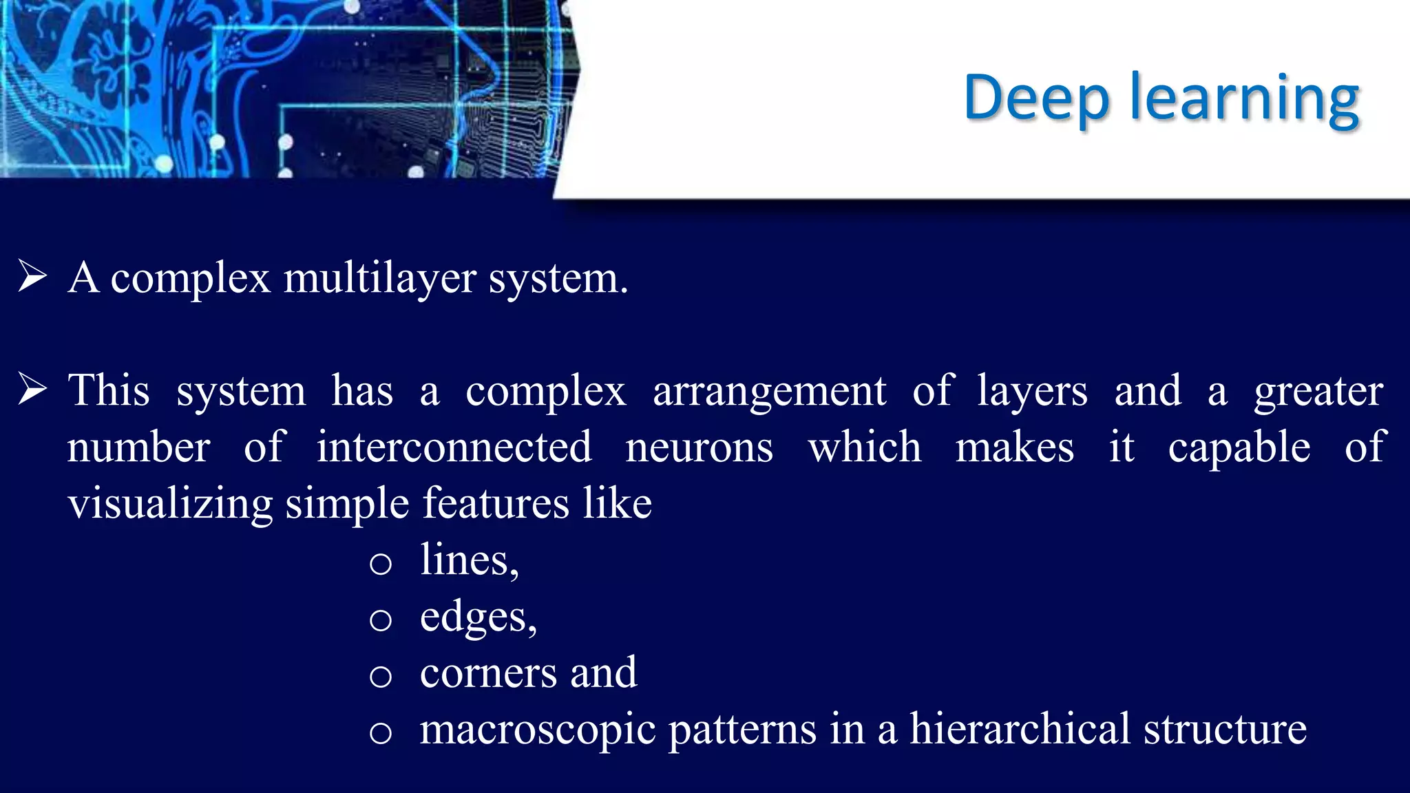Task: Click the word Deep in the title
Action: pyautogui.click(x=1035, y=98)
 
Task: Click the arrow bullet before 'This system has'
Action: pyautogui.click(x=32, y=389)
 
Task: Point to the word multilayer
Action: pyautogui.click(x=380, y=279)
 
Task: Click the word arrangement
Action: pyautogui.click(x=769, y=392)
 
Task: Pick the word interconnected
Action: pyautogui.click(x=454, y=447)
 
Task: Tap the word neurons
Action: pyautogui.click(x=699, y=448)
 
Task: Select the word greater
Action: pyautogui.click(x=1318, y=392)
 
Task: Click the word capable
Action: pyautogui.click(x=1239, y=448)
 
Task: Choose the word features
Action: pyautogui.click(x=496, y=503)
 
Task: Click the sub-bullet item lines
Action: pyautogui.click(x=469, y=560)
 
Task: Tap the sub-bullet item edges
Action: pyautogui.click(x=478, y=617)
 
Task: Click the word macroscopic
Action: pyautogui.click(x=537, y=730)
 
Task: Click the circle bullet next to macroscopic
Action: pyautogui.click(x=380, y=732)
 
